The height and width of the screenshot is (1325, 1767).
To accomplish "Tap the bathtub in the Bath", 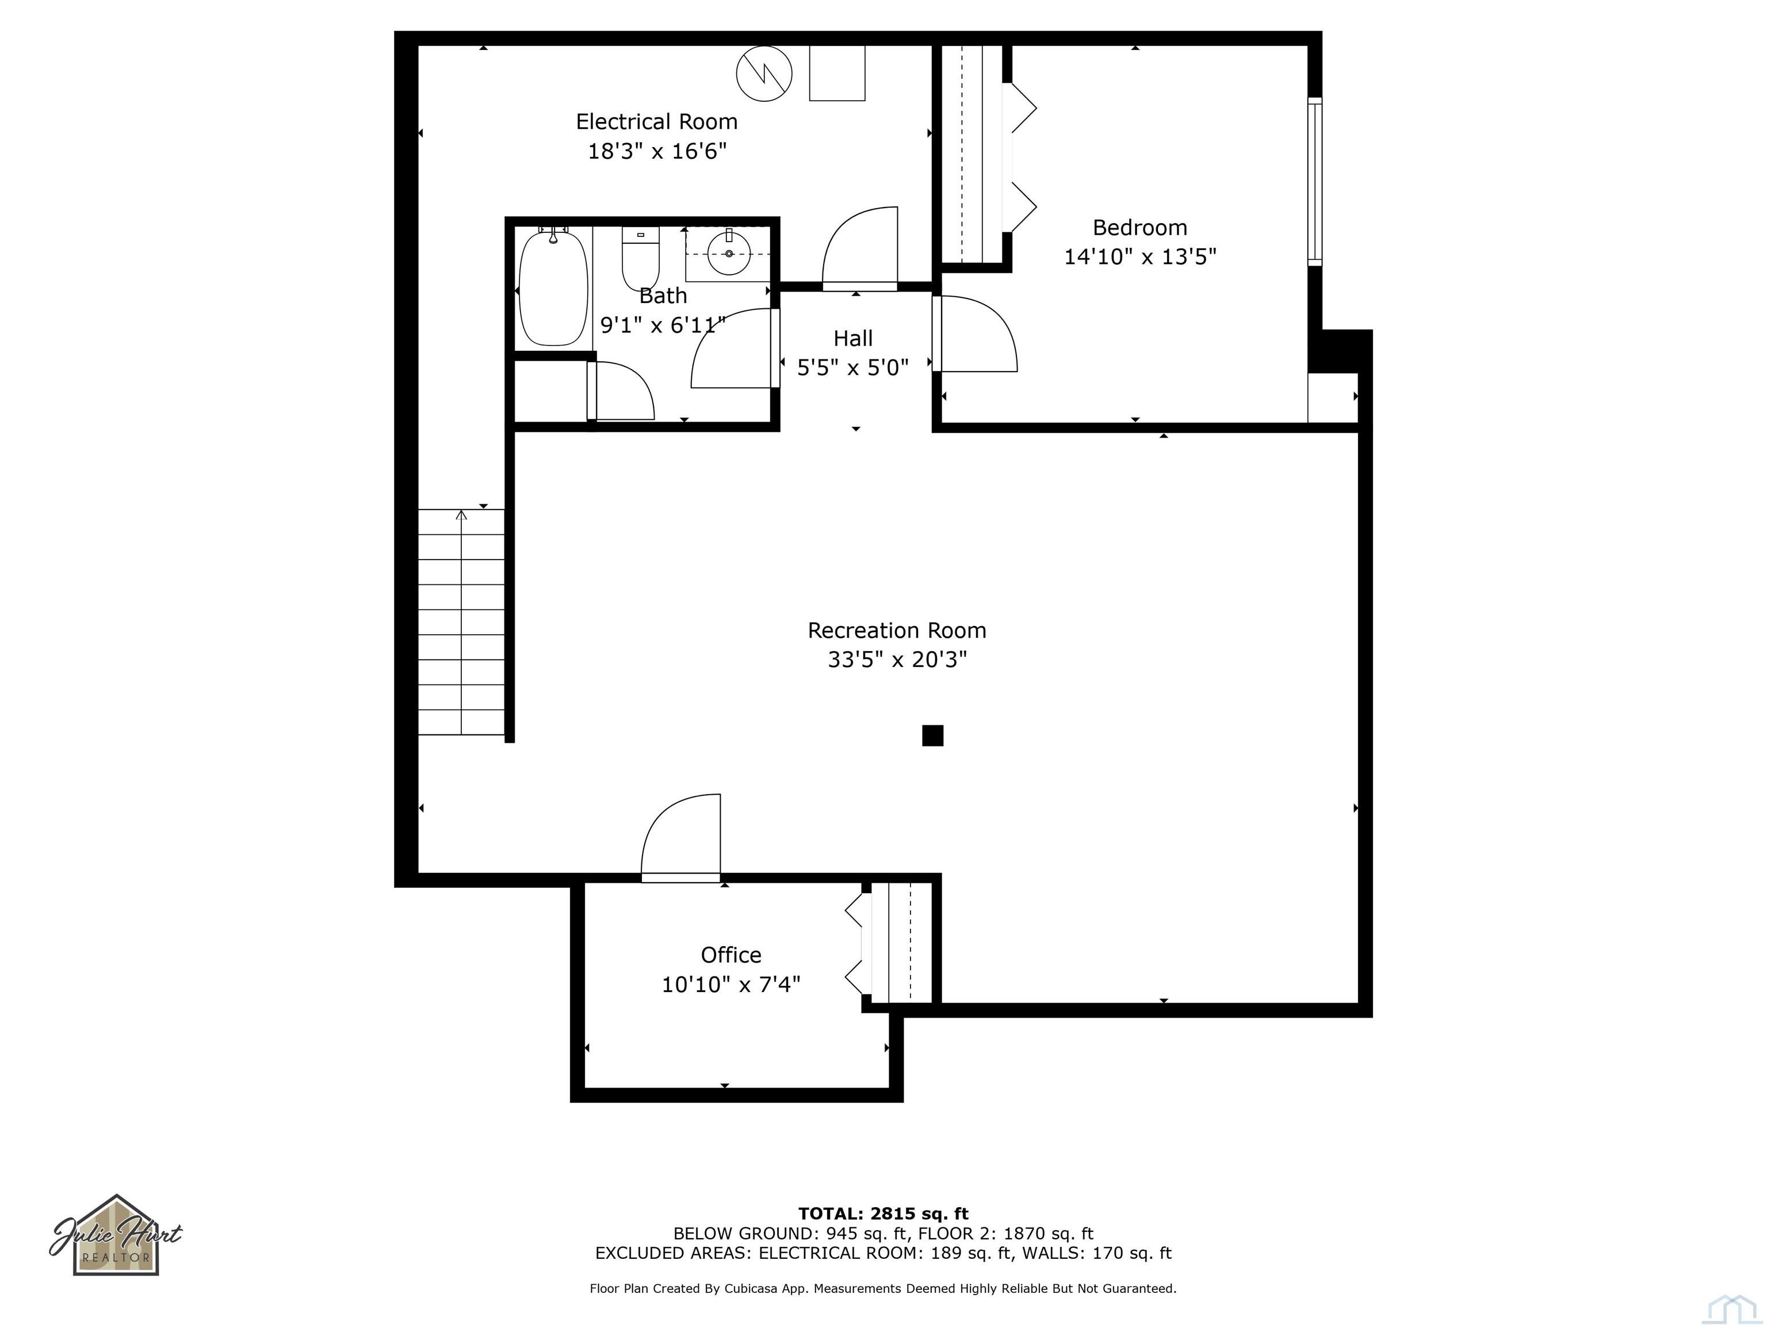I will pyautogui.click(x=553, y=288).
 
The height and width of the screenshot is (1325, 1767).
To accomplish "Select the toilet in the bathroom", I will pyautogui.click(x=641, y=257).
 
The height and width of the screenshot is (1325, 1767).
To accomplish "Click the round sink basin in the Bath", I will pyautogui.click(x=729, y=253).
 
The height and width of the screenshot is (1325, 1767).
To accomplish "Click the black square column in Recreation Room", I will pyautogui.click(x=932, y=736).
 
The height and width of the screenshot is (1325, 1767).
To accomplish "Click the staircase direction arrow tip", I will pyautogui.click(x=461, y=514).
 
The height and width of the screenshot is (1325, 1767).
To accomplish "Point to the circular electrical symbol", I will pyautogui.click(x=764, y=74).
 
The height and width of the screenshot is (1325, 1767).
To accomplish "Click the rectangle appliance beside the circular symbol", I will pyautogui.click(x=836, y=72).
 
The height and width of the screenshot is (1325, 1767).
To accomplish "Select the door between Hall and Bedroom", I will pyautogui.click(x=974, y=334).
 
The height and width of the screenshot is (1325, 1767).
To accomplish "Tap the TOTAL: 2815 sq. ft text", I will pyautogui.click(x=883, y=1214).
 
